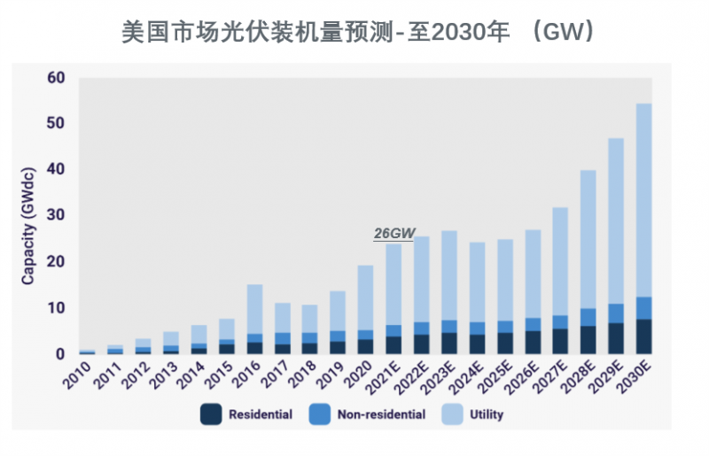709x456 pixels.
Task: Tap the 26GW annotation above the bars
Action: click(x=394, y=233)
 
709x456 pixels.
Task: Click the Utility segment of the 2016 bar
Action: click(x=254, y=309)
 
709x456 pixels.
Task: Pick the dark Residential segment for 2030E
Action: click(x=643, y=336)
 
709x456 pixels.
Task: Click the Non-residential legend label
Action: click(x=380, y=413)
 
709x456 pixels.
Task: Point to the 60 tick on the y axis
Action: click(x=56, y=78)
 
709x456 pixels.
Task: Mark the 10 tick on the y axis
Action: click(x=56, y=308)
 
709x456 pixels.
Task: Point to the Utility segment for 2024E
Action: click(x=477, y=282)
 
